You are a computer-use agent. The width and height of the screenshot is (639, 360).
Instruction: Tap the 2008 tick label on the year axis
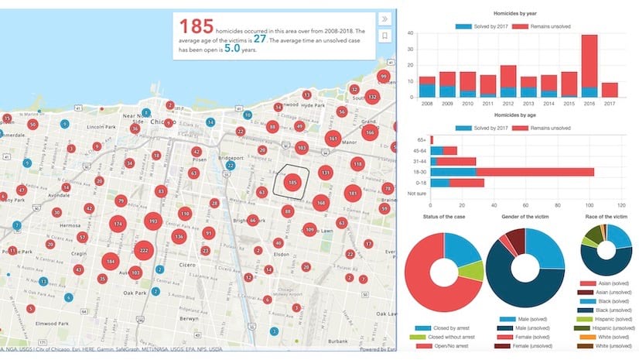[427, 102]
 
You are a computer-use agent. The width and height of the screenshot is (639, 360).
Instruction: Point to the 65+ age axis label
[421, 139]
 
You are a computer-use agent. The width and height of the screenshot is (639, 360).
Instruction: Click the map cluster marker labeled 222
[143, 250]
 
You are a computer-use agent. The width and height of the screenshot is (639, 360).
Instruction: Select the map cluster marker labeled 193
[152, 222]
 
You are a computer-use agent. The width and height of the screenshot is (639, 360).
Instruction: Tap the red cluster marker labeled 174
[118, 225]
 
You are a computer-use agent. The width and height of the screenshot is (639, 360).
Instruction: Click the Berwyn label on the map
[190, 318]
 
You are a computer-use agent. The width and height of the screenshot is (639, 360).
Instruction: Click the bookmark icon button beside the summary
[385, 36]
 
